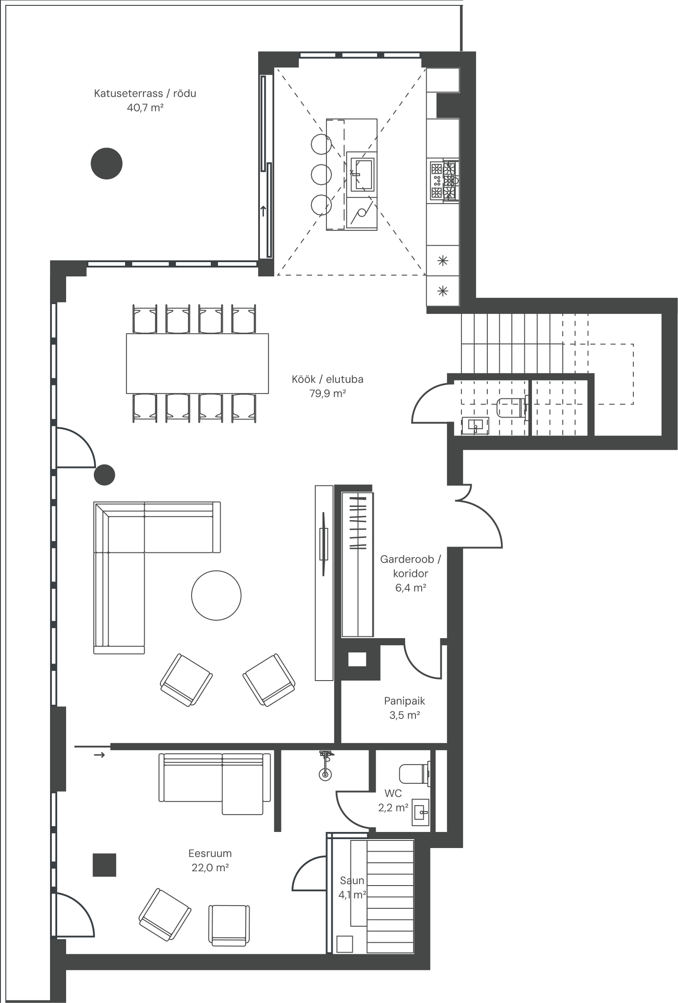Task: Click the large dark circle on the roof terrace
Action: coord(107,163)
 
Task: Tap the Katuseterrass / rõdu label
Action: coord(145,94)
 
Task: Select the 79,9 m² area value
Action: coord(328,393)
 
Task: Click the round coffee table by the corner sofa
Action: coord(216,595)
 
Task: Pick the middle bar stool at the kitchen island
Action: coord(321,174)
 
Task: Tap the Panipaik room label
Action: coord(404,701)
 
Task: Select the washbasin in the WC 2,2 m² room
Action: coord(420,812)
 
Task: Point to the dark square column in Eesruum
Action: coord(105,865)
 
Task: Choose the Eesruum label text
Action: coord(210,853)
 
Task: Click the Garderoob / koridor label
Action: coord(410,566)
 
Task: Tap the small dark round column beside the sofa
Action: coord(105,475)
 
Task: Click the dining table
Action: coord(197,364)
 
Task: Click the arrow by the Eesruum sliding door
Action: coord(99,755)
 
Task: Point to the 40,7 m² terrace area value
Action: coord(145,108)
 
